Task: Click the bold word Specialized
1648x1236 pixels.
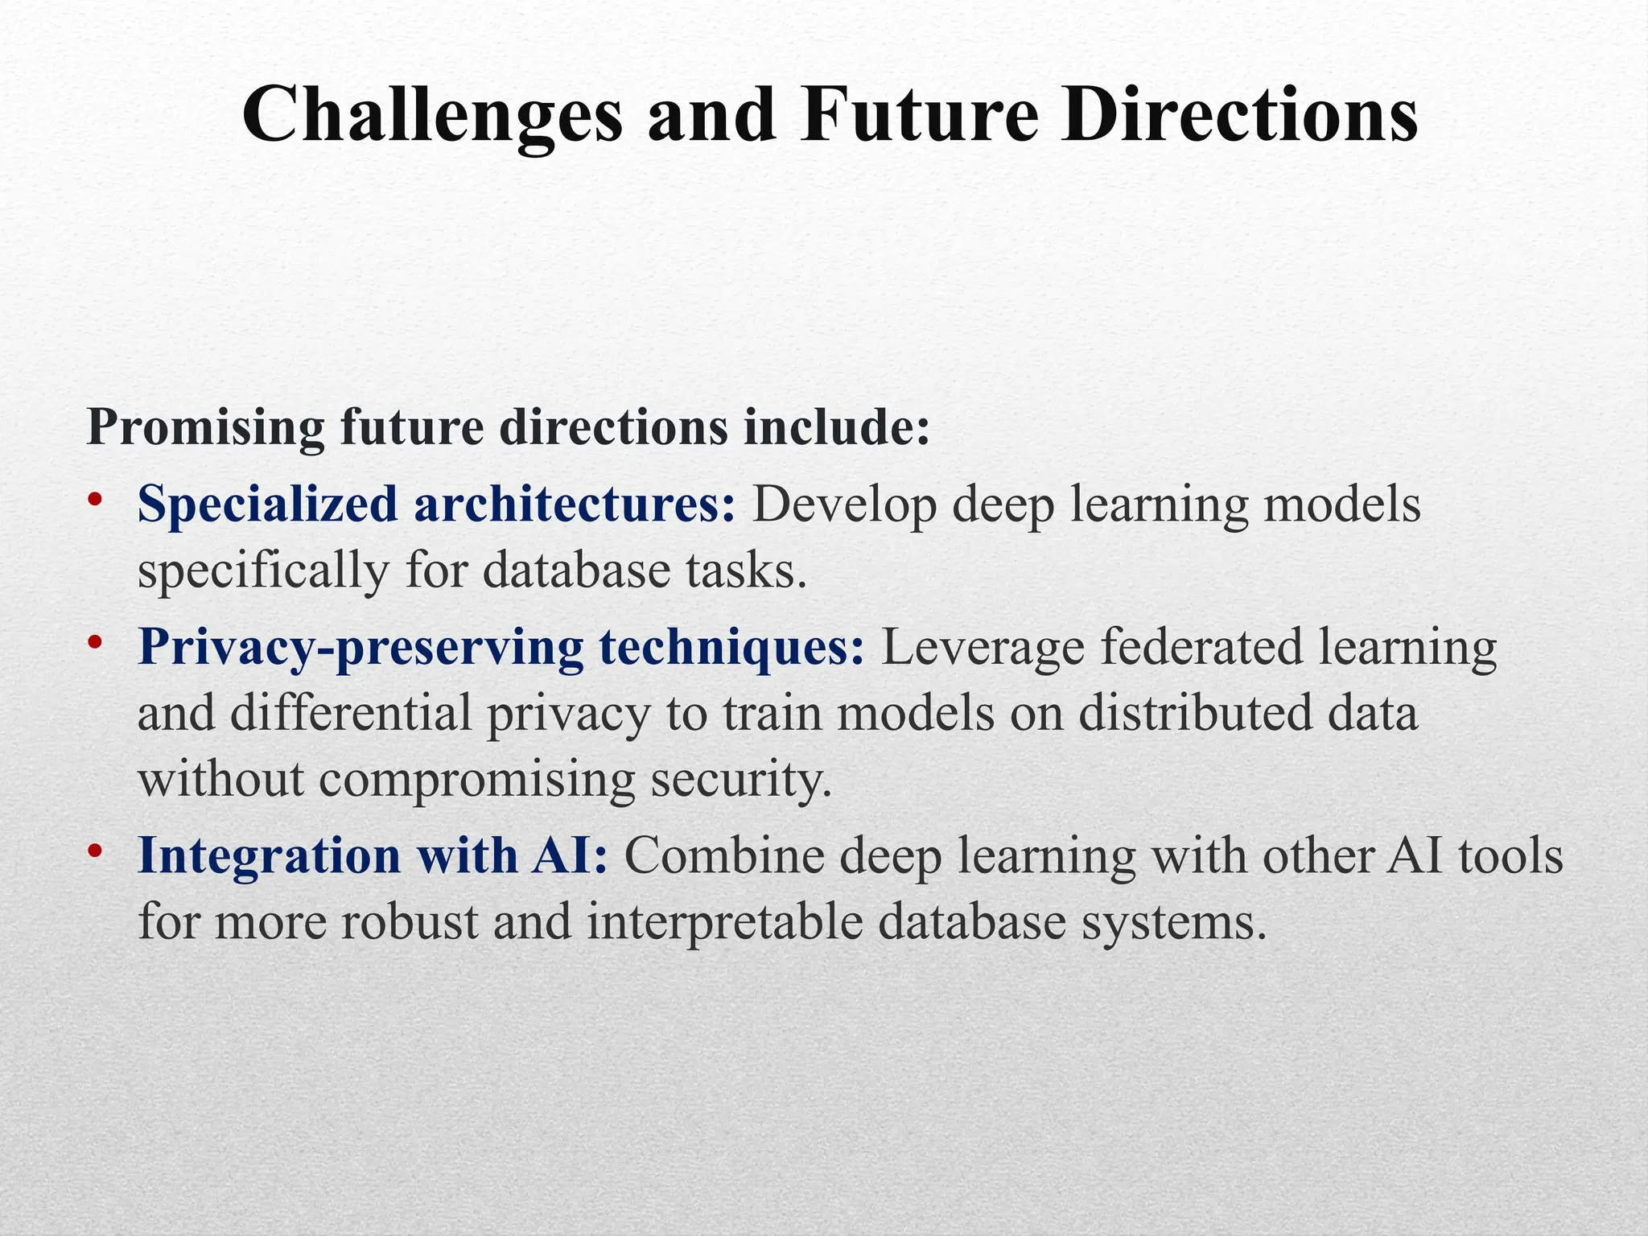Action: pos(267,505)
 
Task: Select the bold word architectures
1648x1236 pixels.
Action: pos(575,505)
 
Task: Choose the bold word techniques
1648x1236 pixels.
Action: pos(732,648)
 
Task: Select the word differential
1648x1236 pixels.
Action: pos(350,714)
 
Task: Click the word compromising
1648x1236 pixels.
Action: pos(476,780)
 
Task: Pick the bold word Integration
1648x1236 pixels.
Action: pos(270,855)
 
